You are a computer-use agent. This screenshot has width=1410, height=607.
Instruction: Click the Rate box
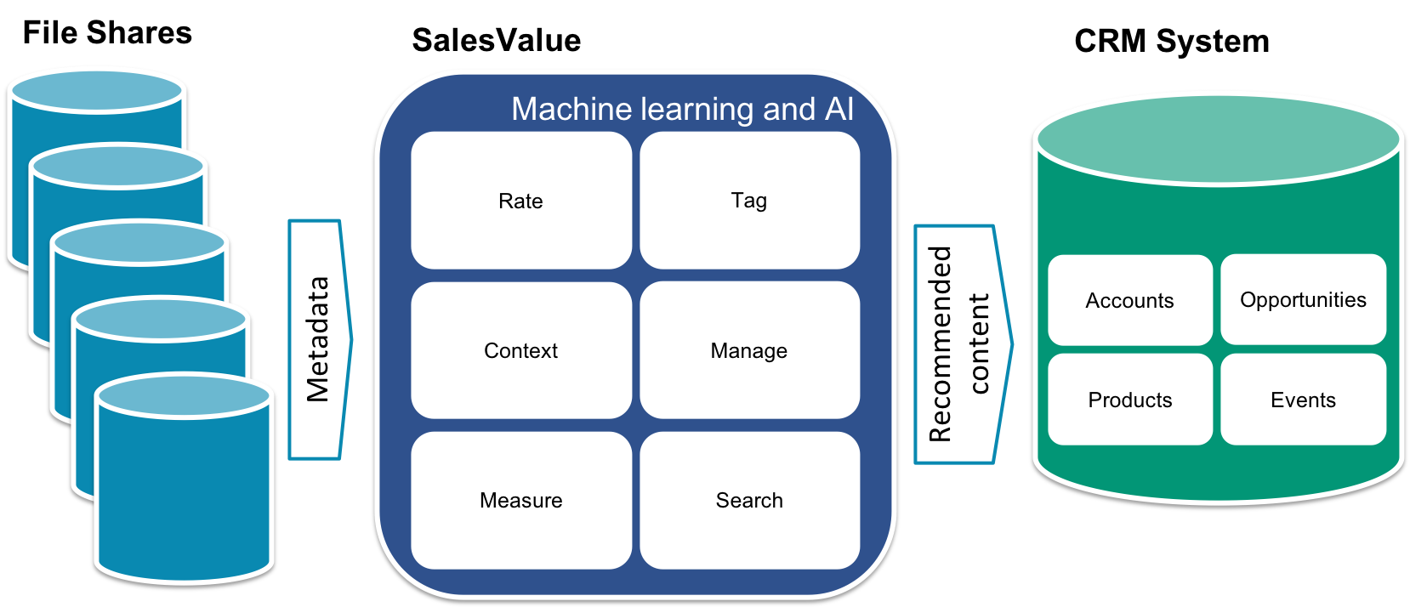point(520,201)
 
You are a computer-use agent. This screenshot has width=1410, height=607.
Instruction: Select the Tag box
point(749,201)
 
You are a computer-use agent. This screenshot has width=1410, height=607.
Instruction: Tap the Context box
point(520,350)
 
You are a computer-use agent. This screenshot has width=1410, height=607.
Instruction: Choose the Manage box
point(749,350)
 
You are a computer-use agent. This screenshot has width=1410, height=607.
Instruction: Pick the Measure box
point(520,500)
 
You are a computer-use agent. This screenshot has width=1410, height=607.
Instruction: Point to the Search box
point(749,500)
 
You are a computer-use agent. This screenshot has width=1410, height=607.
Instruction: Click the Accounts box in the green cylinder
point(1129,300)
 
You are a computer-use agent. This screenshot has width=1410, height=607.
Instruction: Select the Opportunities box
point(1303,299)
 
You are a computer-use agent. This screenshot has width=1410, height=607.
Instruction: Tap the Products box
point(1129,400)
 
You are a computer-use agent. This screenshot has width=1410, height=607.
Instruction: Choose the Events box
point(1303,400)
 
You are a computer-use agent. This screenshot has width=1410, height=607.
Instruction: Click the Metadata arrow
point(318,340)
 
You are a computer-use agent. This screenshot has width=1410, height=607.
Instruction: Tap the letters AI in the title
point(839,110)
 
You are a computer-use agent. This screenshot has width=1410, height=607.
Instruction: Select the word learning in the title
point(697,110)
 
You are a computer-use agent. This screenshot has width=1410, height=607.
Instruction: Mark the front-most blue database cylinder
point(185,493)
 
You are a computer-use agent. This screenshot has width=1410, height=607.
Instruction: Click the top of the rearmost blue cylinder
point(96,90)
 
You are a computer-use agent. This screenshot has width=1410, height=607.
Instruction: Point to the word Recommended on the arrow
point(940,344)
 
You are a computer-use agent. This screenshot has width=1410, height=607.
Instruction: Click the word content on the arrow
point(979,344)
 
